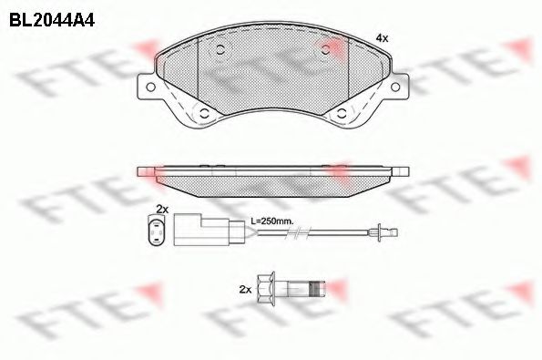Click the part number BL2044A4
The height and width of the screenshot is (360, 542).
click(52, 20)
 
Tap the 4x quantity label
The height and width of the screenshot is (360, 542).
click(382, 38)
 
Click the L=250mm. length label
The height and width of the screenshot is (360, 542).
click(272, 221)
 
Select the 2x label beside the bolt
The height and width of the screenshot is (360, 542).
click(245, 290)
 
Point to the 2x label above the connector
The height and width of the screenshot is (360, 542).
click(162, 209)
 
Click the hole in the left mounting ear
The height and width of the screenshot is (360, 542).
click(150, 87)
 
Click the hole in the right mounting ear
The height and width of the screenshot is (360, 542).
click(395, 87)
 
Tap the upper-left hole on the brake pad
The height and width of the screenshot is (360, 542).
click(220, 50)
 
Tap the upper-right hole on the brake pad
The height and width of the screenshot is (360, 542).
click(325, 50)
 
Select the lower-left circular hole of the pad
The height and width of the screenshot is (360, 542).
click(205, 113)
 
